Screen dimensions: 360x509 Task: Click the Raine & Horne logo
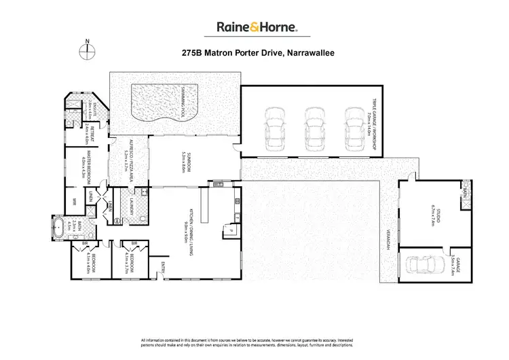tap(254, 27)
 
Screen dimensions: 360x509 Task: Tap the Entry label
tap(163, 265)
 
